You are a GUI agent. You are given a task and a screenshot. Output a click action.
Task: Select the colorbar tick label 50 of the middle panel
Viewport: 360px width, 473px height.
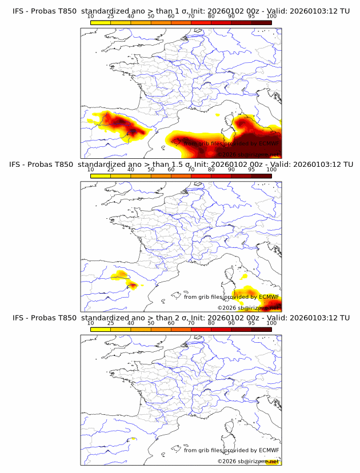pos(151,169)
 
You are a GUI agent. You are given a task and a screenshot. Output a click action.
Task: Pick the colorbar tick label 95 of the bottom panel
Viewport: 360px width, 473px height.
pos(251,323)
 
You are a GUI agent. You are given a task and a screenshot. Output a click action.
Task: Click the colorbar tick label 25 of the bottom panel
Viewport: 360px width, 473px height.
pos(110,323)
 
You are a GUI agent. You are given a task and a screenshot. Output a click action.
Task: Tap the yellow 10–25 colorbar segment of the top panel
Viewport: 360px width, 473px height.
pos(101,22)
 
